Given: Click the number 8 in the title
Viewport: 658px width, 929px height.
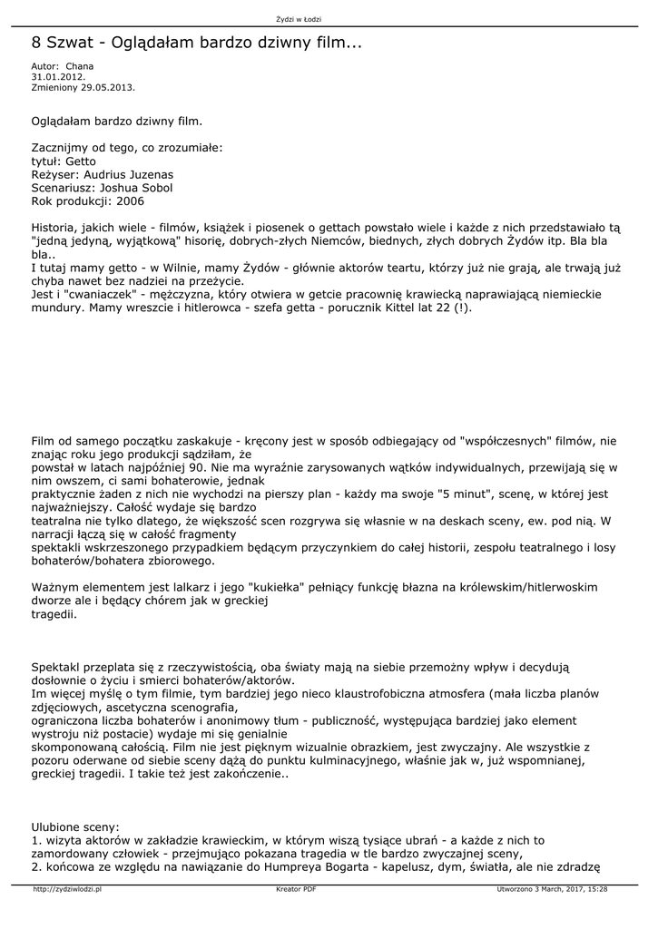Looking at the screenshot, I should click(37, 43).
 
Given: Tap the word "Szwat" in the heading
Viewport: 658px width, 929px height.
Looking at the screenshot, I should click(74, 43).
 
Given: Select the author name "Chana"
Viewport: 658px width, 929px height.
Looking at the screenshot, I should click(80, 66).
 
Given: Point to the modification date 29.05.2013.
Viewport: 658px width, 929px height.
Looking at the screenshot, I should click(108, 87).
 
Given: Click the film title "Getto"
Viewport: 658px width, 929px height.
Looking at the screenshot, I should click(81, 161).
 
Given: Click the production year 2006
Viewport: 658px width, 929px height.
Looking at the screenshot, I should click(130, 201).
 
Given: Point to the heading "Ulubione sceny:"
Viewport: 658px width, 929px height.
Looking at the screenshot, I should click(75, 827).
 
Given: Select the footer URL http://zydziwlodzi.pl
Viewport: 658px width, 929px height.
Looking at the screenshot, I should click(66, 890).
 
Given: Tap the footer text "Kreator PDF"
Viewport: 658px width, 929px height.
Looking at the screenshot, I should click(296, 890).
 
